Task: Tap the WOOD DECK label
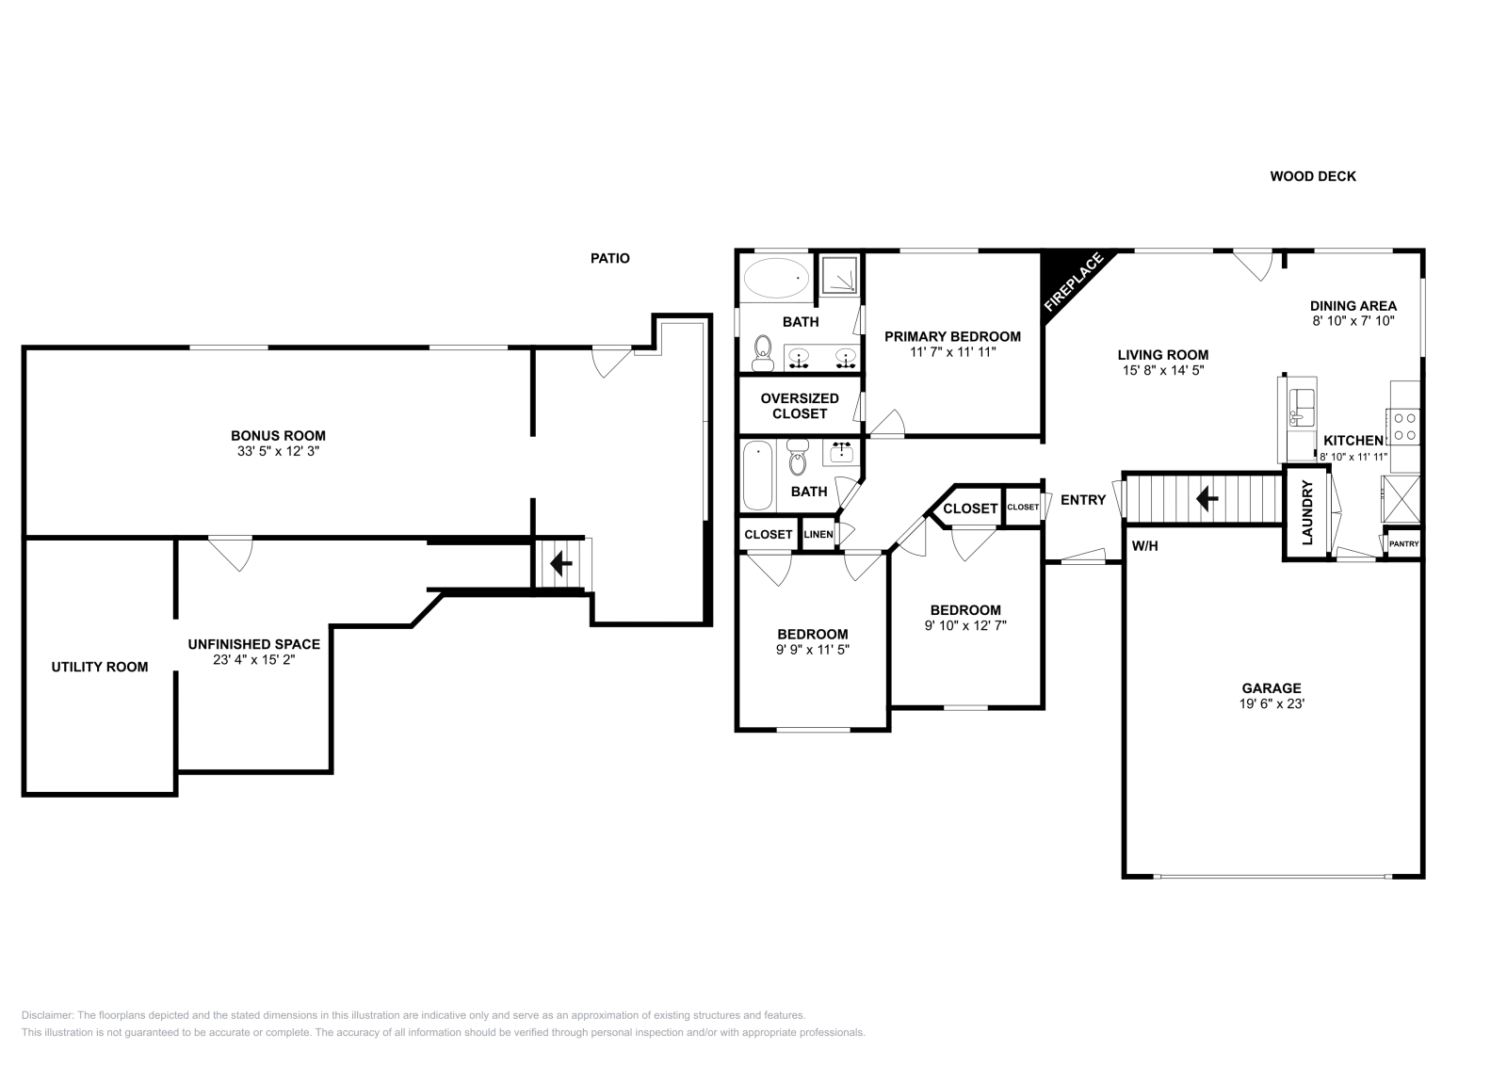(x=1312, y=176)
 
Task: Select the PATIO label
(x=609, y=258)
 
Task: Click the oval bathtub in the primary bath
(x=776, y=278)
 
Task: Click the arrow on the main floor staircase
(x=1205, y=497)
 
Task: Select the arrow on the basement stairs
(x=561, y=564)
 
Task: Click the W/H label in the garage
(x=1144, y=545)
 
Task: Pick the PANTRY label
(x=1403, y=543)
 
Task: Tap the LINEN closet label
(x=818, y=534)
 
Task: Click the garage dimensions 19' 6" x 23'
(x=1271, y=703)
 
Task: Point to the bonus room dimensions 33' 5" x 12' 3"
(x=278, y=451)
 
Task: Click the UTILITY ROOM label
(x=99, y=667)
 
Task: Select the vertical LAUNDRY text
(x=1307, y=513)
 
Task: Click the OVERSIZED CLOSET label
(x=799, y=406)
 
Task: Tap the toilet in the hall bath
(x=798, y=459)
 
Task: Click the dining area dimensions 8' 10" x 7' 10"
(x=1353, y=320)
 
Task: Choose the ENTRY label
(x=1082, y=500)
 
